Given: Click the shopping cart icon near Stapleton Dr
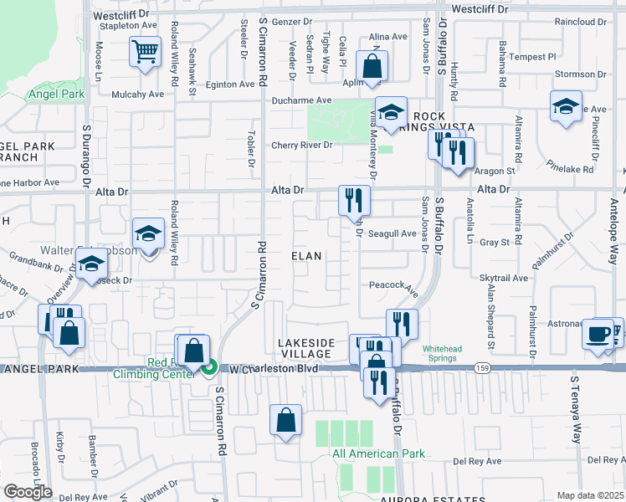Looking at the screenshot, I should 145,52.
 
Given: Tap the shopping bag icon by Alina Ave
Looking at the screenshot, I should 371,65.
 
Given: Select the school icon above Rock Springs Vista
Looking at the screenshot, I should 390,111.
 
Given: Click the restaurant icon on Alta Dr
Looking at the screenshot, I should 353,199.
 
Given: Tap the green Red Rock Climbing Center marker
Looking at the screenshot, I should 211,366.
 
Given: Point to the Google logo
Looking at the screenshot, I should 27,492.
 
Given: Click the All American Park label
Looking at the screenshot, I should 377,454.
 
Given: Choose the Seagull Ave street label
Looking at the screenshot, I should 393,233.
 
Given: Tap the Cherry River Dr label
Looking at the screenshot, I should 301,145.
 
